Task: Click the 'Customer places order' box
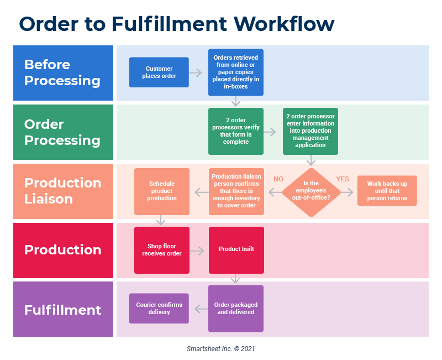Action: (x=159, y=72)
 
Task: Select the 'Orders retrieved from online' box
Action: (x=236, y=72)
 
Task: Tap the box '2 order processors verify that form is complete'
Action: (x=236, y=131)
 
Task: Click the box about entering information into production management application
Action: (x=311, y=131)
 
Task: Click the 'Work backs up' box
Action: (x=387, y=191)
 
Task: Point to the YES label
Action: (x=343, y=179)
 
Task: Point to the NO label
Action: (x=278, y=179)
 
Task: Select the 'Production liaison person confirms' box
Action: (x=236, y=191)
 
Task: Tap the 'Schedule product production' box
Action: (x=162, y=191)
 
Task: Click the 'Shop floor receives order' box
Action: (x=162, y=250)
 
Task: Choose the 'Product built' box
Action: (x=236, y=249)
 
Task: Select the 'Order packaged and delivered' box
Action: (x=236, y=309)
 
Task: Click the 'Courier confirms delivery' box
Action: (x=159, y=309)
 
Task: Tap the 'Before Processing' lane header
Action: (x=63, y=72)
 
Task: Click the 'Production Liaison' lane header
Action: (x=63, y=191)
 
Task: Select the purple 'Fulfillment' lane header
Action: (x=63, y=309)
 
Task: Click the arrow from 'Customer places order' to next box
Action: (x=196, y=72)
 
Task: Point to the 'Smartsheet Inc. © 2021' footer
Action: (x=220, y=349)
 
